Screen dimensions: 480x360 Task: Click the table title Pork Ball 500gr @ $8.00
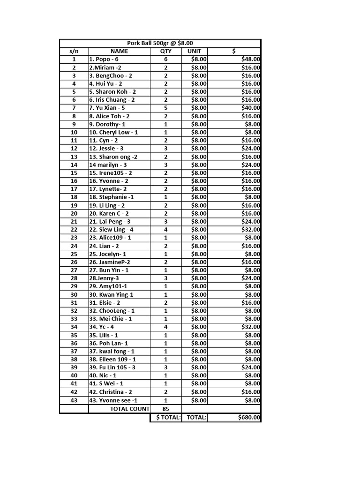160,43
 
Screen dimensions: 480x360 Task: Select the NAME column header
119,51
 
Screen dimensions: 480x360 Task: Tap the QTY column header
165,51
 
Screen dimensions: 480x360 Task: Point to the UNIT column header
194,51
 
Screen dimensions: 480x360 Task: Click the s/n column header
74,51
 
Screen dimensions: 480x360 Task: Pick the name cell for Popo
104,60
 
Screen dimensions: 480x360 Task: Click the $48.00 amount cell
251,60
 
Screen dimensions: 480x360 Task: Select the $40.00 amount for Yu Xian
251,108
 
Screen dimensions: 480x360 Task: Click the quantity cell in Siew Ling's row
165,230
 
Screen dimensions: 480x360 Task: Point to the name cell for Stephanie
112,197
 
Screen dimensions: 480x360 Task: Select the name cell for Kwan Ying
112,295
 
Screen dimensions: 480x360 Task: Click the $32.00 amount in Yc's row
251,327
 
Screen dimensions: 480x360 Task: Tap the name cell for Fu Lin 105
112,367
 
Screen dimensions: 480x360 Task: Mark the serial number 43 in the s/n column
74,400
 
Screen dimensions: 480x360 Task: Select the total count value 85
165,409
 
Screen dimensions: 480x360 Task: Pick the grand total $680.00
249,418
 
